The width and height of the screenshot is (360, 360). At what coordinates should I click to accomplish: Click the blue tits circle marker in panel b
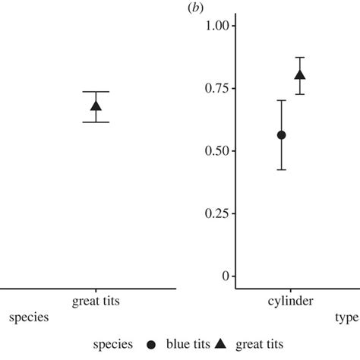click(x=281, y=134)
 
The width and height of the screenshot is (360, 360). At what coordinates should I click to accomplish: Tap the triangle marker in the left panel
click(x=96, y=106)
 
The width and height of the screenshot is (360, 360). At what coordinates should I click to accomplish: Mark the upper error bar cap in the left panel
click(x=96, y=91)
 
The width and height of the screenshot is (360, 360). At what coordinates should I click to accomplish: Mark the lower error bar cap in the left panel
click(x=96, y=122)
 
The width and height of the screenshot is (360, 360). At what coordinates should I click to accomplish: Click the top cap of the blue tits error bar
click(x=281, y=100)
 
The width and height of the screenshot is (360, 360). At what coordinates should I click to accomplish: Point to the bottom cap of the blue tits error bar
click(x=281, y=169)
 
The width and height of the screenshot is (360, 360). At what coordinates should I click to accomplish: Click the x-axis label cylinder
click(x=289, y=302)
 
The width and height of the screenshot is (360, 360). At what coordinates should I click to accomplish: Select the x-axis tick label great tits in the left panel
click(x=96, y=302)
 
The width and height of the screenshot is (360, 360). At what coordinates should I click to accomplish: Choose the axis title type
click(x=347, y=320)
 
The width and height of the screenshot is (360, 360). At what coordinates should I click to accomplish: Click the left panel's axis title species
click(x=29, y=319)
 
